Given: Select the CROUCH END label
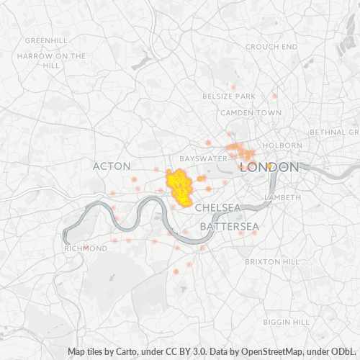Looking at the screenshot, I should point(271,46).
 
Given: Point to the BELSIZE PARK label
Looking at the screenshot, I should point(229,96).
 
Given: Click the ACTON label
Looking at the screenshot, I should point(112,166).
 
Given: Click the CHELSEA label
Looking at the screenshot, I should point(217,207).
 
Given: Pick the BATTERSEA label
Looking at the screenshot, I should point(229,226).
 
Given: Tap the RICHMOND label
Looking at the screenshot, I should point(86,248).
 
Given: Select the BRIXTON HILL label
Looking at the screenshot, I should point(272,261).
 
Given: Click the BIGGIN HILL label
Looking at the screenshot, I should point(286,321).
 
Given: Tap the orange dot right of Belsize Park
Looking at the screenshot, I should point(274,95).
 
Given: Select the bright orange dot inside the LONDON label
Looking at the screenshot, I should point(269,166).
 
